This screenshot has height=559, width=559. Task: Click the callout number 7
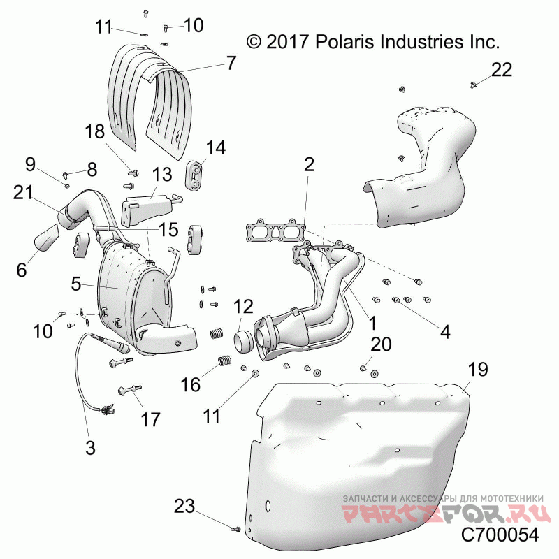(x=231, y=63)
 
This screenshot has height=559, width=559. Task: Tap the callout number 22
(x=502, y=69)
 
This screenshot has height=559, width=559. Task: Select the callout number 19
(x=478, y=370)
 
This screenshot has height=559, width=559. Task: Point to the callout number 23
(x=184, y=506)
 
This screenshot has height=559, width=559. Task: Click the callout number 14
(x=216, y=147)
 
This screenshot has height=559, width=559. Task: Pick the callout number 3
(x=90, y=447)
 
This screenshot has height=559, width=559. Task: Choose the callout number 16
(x=191, y=385)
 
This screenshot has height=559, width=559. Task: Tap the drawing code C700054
(x=500, y=535)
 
